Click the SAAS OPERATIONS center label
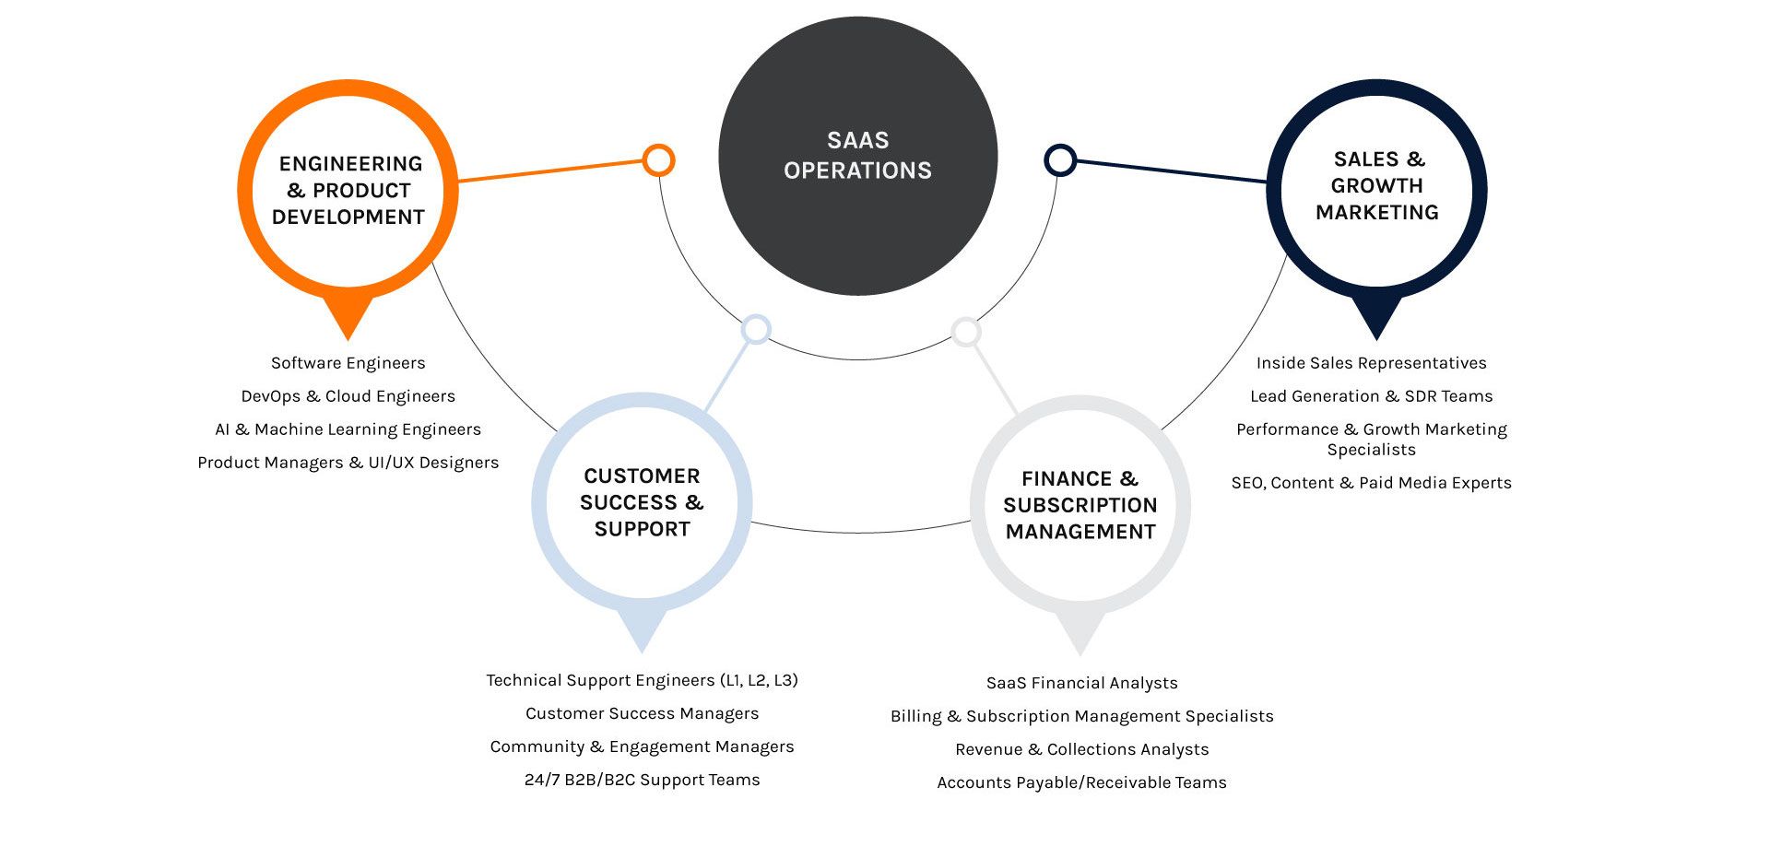pyautogui.click(x=857, y=156)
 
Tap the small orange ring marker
pyautogui.click(x=658, y=160)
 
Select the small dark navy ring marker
pyautogui.click(x=1060, y=160)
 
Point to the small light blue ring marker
pyautogui.click(x=756, y=329)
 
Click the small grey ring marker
pyautogui.click(x=965, y=332)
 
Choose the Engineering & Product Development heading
pyautogui.click(x=348, y=191)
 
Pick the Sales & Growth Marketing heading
pyautogui.click(x=1377, y=186)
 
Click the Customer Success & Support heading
pyautogui.click(x=642, y=502)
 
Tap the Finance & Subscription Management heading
pyautogui.click(x=1080, y=505)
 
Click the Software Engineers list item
pyautogui.click(x=348, y=363)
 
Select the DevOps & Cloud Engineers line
pyautogui.click(x=348, y=396)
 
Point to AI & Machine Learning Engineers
pyautogui.click(x=348, y=429)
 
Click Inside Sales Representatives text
pyautogui.click(x=1371, y=363)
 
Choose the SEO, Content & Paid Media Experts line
pyautogui.click(x=1371, y=483)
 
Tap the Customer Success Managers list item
pyautogui.click(x=642, y=713)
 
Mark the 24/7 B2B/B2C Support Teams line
pyautogui.click(x=642, y=780)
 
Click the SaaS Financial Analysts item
pyautogui.click(x=1081, y=683)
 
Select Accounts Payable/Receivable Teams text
pyautogui.click(x=1081, y=782)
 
